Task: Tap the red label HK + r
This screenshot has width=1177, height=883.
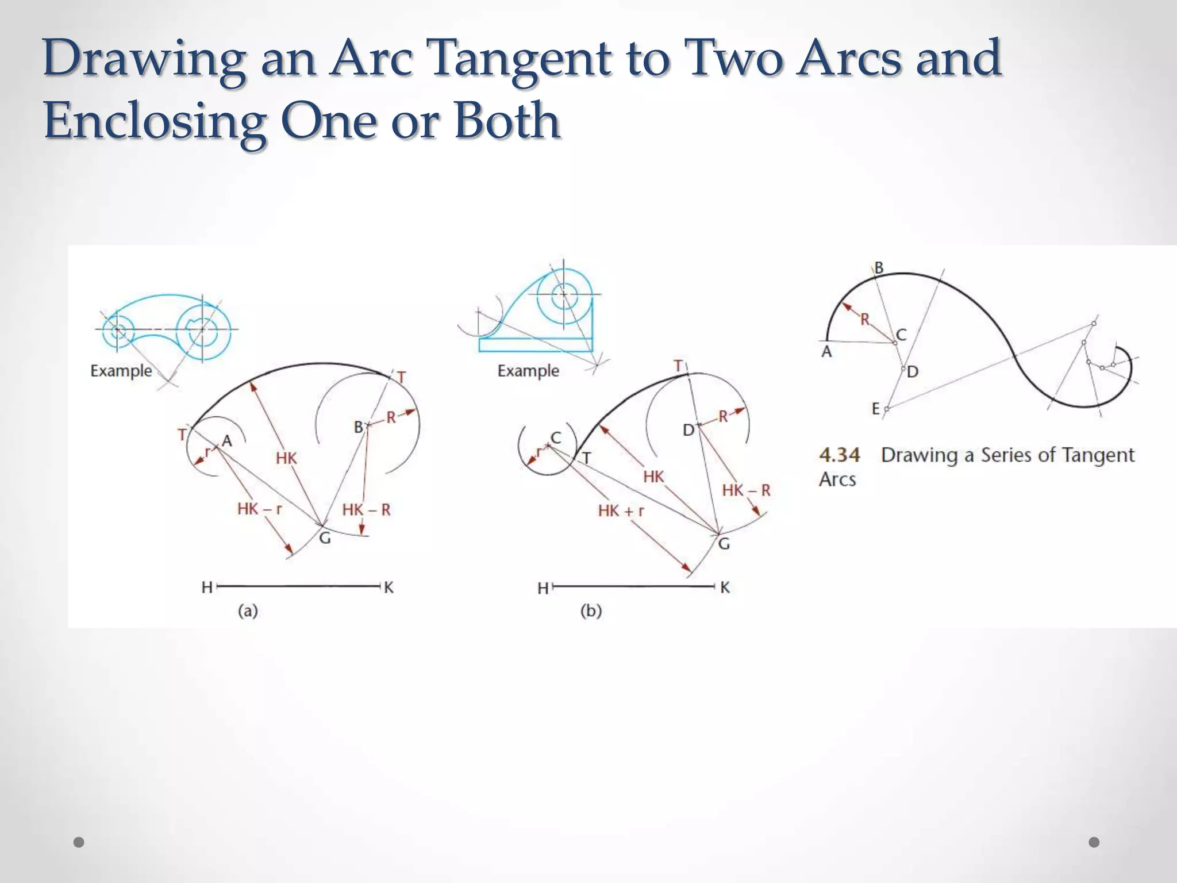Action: tap(621, 510)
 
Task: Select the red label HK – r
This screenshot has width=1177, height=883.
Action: tap(260, 509)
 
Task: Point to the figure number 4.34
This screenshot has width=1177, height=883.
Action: tap(840, 455)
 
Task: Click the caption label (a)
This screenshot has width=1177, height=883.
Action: tap(248, 611)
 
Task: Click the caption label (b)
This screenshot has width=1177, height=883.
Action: tap(591, 611)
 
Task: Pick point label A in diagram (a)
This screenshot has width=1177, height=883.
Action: tap(227, 441)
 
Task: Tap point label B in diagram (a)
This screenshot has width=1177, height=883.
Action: tap(358, 427)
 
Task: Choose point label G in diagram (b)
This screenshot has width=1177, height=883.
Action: tap(724, 544)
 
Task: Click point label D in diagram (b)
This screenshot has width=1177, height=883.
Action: tap(688, 430)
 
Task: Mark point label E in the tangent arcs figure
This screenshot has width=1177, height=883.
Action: tap(876, 409)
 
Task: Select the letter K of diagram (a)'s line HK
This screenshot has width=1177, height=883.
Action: tap(389, 588)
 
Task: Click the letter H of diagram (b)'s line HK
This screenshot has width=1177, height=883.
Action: tap(543, 589)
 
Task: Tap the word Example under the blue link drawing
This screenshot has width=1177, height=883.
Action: tap(121, 371)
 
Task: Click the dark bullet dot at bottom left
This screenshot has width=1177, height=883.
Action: tap(79, 842)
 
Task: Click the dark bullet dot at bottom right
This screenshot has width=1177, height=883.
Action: tap(1094, 842)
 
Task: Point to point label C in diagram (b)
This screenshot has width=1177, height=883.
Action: tap(556, 438)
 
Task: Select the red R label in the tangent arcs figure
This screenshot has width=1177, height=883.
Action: tap(865, 320)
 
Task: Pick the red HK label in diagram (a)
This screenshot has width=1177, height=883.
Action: tap(286, 458)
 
